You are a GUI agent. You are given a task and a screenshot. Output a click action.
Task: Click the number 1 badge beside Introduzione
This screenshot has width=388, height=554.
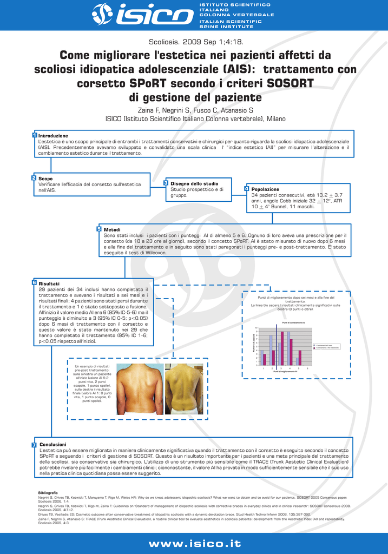[34, 135]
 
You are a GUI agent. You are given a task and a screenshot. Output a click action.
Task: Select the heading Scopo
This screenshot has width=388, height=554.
[45, 178]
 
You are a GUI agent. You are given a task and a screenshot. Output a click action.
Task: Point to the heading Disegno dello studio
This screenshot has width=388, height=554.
[194, 183]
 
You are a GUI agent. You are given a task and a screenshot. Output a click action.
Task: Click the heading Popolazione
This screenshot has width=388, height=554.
[265, 189]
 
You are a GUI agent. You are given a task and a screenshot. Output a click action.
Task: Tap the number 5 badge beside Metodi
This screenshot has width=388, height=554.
[99, 229]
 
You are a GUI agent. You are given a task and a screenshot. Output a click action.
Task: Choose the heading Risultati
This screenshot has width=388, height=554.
[49, 283]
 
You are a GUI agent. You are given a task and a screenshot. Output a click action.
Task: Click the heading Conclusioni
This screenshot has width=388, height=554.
[52, 444]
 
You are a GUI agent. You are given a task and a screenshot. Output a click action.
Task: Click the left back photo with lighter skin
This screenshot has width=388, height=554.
[140, 388]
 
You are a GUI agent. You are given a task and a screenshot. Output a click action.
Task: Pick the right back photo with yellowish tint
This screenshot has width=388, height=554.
[184, 388]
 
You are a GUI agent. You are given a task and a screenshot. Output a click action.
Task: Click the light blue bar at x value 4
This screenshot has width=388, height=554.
[288, 349]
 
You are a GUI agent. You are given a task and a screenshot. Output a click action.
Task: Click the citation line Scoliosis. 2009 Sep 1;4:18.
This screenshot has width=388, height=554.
[195, 42]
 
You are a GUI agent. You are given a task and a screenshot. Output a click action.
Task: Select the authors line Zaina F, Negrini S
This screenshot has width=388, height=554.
[195, 110]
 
